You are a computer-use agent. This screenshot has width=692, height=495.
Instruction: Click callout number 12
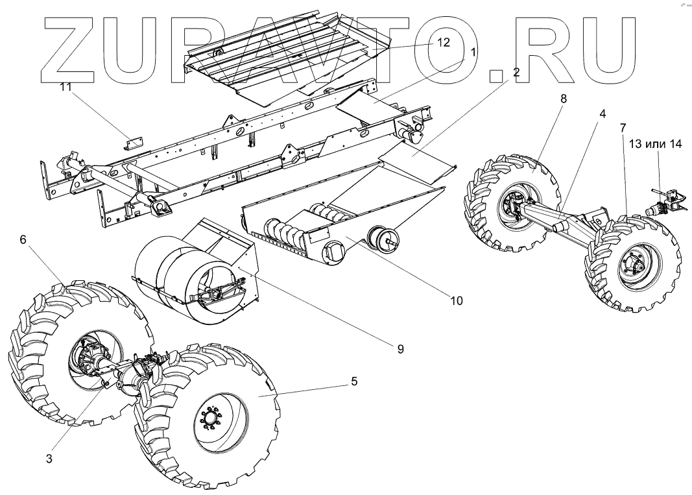(x=444, y=42)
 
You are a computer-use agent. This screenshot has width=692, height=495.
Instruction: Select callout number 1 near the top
(x=474, y=51)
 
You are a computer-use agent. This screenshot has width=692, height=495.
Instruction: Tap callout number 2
(x=516, y=73)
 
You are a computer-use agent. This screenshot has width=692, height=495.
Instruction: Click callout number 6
(x=23, y=240)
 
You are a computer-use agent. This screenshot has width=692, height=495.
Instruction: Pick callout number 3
(x=49, y=459)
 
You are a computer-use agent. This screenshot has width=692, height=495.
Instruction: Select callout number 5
(x=354, y=381)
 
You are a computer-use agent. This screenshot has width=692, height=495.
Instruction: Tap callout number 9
(x=401, y=349)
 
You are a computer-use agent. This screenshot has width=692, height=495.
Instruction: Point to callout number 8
(x=564, y=100)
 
